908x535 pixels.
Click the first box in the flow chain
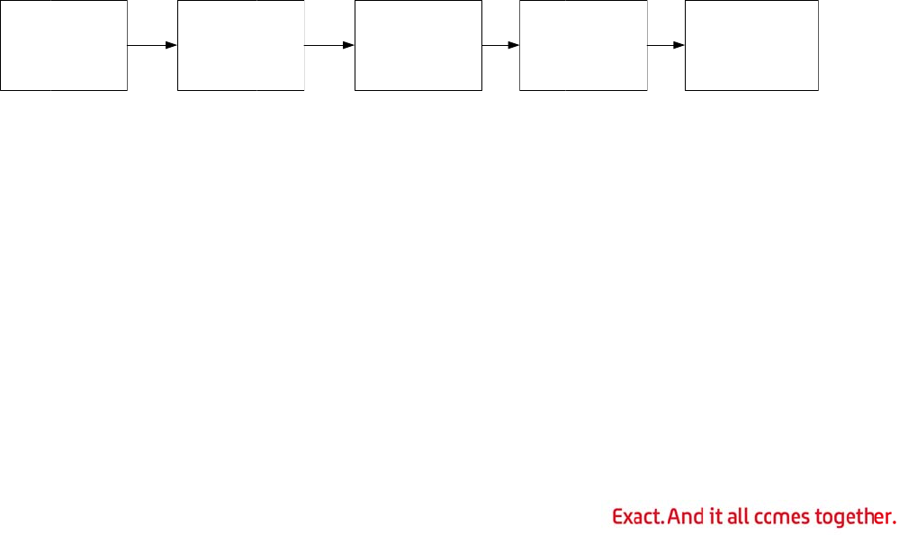(x=64, y=45)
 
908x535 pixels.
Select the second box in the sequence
(x=240, y=45)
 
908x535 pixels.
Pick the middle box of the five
(x=418, y=45)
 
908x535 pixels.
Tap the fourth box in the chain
(x=583, y=45)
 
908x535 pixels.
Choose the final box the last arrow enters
(x=751, y=45)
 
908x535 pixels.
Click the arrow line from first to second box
(x=148, y=44)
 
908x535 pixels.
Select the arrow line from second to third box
(x=325, y=44)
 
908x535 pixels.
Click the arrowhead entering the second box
(x=171, y=44)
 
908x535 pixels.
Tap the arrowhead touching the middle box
(x=348, y=44)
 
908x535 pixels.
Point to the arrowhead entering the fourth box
(x=513, y=44)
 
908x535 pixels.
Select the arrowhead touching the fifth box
(x=679, y=44)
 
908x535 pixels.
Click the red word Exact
(x=638, y=517)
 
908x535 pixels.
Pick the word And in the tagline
(x=686, y=517)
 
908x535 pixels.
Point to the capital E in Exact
(x=617, y=517)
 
